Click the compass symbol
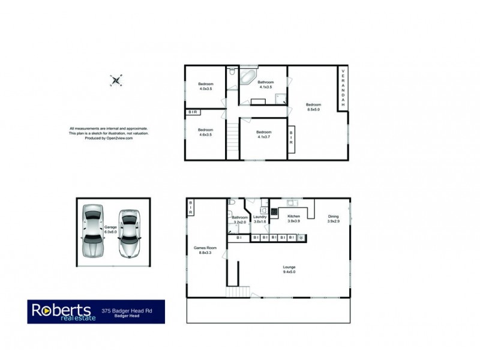click(x=117, y=80)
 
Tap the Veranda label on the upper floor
click(x=343, y=89)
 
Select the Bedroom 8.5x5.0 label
click(x=314, y=107)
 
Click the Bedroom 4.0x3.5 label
click(x=206, y=86)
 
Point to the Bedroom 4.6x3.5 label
click(x=206, y=131)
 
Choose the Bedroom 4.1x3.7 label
click(x=264, y=134)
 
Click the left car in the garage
click(x=92, y=232)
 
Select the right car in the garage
click(x=129, y=232)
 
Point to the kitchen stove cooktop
click(x=274, y=211)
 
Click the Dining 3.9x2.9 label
click(x=333, y=219)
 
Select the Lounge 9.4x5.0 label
click(x=290, y=269)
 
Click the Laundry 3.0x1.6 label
click(x=260, y=219)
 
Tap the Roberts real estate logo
click(x=61, y=311)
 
